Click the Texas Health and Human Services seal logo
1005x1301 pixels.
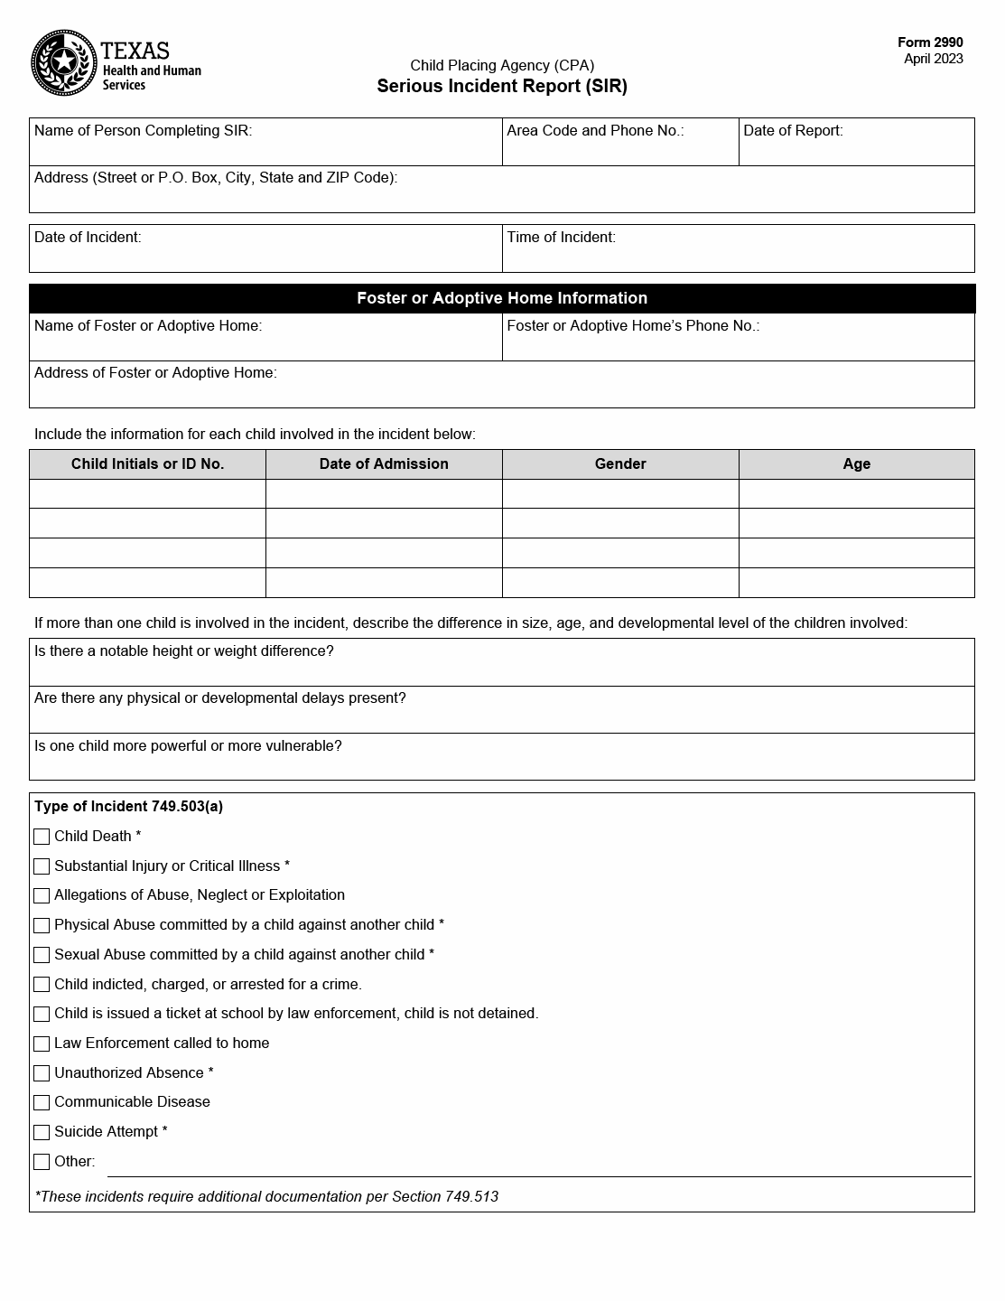(x=63, y=63)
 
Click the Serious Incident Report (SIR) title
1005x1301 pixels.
(x=502, y=87)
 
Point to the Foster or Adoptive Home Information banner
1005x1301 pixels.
(x=502, y=298)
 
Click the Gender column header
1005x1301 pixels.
(x=620, y=464)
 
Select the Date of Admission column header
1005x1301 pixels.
(x=384, y=464)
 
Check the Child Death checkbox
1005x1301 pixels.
(x=42, y=837)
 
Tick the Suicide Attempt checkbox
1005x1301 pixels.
(x=42, y=1132)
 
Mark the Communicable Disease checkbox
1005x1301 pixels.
(x=42, y=1102)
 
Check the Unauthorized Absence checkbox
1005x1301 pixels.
(x=42, y=1073)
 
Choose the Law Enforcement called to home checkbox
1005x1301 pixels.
(x=42, y=1044)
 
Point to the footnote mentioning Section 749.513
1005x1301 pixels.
(x=266, y=1197)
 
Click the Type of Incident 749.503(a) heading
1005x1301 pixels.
(x=128, y=807)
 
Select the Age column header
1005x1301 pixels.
(x=856, y=464)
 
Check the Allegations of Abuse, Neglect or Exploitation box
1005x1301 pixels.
(x=42, y=895)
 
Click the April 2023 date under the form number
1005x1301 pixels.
(x=933, y=60)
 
